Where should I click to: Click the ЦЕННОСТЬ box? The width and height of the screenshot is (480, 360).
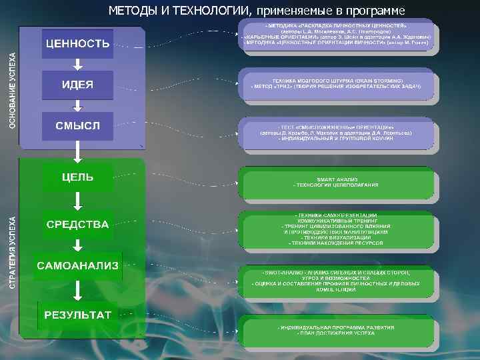[78, 44]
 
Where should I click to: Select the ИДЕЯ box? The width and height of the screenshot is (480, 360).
[78, 85]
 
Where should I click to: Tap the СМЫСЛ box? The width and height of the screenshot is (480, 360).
[78, 125]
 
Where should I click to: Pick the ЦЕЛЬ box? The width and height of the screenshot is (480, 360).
[78, 178]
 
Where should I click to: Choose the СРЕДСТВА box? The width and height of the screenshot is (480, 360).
[78, 225]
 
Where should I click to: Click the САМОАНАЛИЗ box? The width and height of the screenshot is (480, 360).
[78, 266]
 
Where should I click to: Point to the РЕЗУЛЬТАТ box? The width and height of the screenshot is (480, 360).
[78, 315]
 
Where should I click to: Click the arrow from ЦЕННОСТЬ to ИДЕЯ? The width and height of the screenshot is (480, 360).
[78, 65]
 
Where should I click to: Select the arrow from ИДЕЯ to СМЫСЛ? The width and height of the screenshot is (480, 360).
[78, 105]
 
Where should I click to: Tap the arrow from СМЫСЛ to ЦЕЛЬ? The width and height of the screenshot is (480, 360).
[78, 152]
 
